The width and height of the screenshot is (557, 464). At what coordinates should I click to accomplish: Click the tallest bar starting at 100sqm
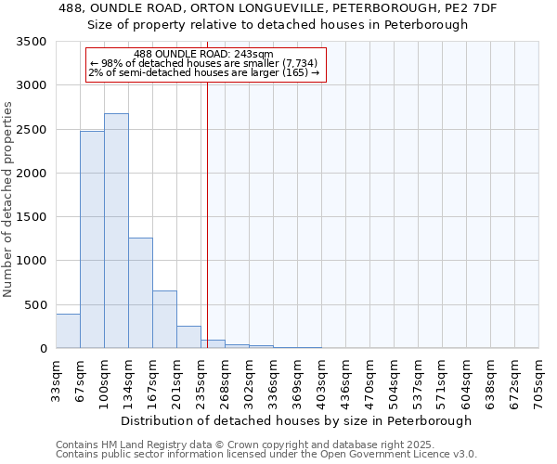(116, 231)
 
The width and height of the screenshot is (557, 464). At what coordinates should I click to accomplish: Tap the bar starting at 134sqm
(140, 293)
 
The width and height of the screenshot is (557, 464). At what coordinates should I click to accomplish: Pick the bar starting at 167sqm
(164, 319)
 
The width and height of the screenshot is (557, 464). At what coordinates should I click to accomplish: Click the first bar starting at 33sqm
(68, 331)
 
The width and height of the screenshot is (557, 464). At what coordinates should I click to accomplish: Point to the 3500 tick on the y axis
(33, 43)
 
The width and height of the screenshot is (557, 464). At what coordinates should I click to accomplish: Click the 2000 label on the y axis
(33, 174)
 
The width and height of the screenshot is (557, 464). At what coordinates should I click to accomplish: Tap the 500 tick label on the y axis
(37, 305)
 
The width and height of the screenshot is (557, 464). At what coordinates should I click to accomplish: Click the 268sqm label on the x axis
(225, 380)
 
